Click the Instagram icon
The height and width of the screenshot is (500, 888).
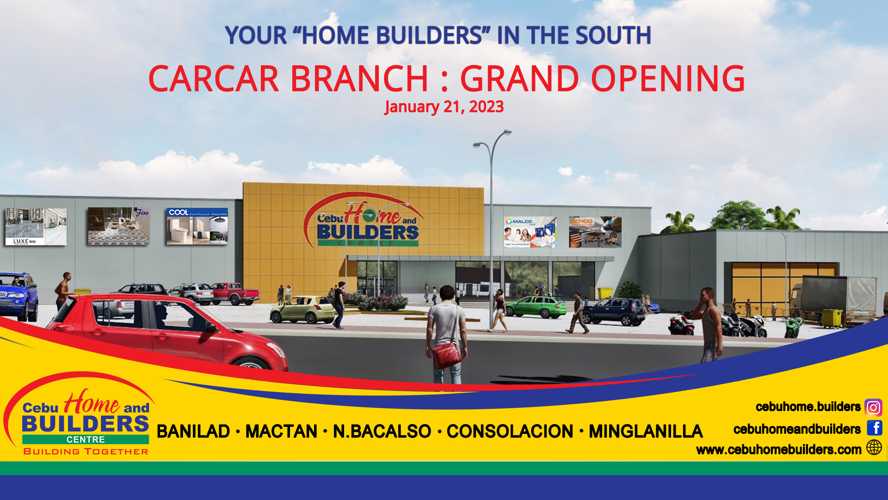[x=873, y=407]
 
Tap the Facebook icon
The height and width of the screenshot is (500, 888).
[x=874, y=428]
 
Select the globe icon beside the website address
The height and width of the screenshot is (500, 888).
[x=874, y=448]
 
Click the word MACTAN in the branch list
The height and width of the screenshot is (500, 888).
[x=281, y=431]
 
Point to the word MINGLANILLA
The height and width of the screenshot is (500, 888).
[x=646, y=431]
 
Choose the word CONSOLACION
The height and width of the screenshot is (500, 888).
[x=510, y=431]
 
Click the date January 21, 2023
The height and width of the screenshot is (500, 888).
[x=444, y=107]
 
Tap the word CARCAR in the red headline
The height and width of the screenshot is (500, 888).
[x=213, y=79]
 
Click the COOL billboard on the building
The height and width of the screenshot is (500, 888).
[x=197, y=226]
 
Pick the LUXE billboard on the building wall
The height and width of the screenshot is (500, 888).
[x=36, y=226]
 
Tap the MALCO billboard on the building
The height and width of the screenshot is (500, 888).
[x=530, y=231]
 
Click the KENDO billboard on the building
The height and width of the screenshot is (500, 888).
[x=595, y=231]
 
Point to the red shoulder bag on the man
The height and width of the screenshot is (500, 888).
[x=446, y=354]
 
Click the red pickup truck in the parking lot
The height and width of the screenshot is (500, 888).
[x=235, y=294]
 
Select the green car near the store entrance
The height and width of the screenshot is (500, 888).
[x=536, y=306]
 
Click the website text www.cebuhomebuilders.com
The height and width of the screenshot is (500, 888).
[x=778, y=450]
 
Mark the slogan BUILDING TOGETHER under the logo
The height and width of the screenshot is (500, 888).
[x=86, y=451]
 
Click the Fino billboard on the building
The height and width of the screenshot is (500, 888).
[x=119, y=226]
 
